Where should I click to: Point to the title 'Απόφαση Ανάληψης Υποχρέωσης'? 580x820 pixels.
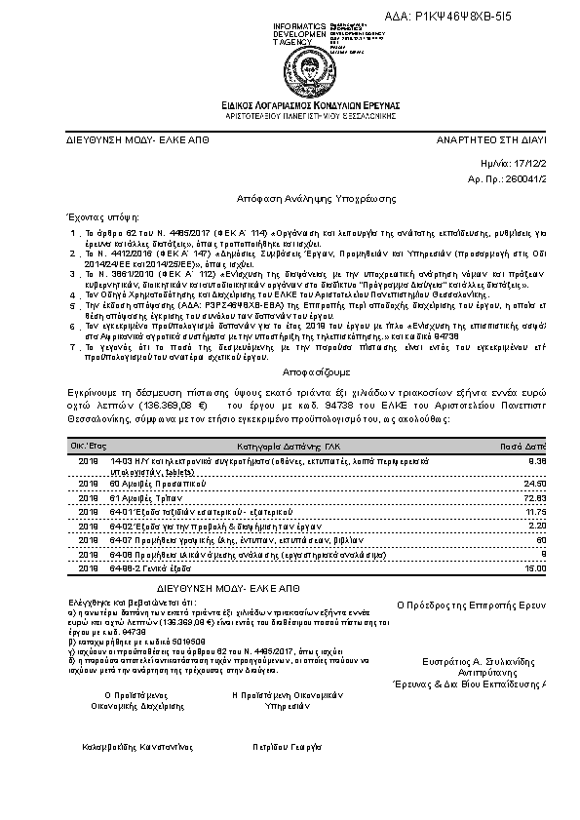pyautogui.click(x=291, y=197)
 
